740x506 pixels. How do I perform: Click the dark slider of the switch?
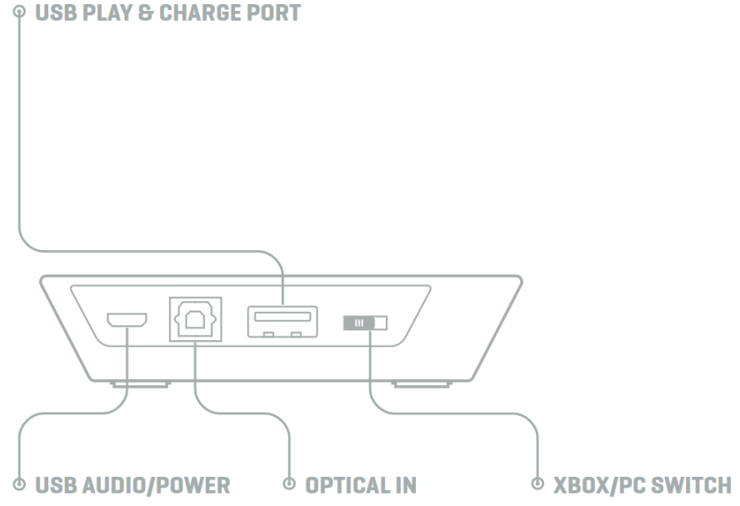pyautogui.click(x=357, y=322)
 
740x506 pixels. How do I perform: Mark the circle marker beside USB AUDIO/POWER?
pyautogui.click(x=19, y=484)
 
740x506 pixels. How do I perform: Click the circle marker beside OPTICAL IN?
pyautogui.click(x=290, y=484)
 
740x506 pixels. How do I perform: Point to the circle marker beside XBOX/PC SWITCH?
pyautogui.click(x=537, y=484)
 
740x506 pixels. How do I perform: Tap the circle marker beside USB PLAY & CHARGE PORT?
pyautogui.click(x=19, y=13)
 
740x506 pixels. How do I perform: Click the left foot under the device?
pyautogui.click(x=140, y=384)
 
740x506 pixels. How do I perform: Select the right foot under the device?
pyautogui.click(x=422, y=384)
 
